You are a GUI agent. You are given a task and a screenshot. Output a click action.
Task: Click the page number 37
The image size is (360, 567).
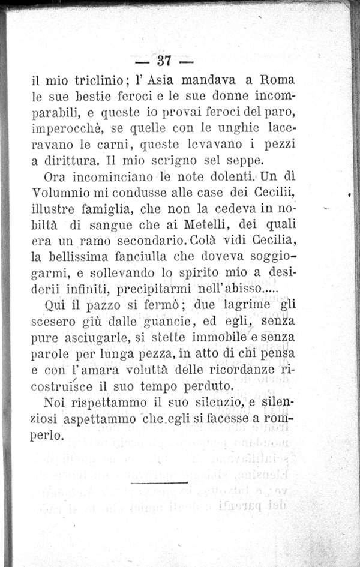coord(164,61)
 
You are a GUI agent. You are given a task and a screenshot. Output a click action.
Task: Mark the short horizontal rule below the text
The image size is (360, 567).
coord(159,481)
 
